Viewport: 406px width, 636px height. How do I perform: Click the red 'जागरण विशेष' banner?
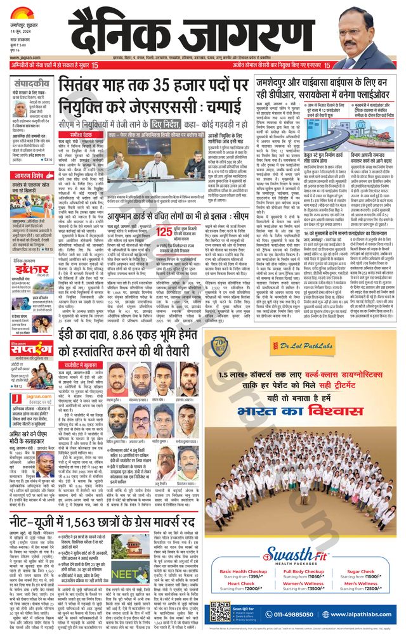click(x=31, y=177)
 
